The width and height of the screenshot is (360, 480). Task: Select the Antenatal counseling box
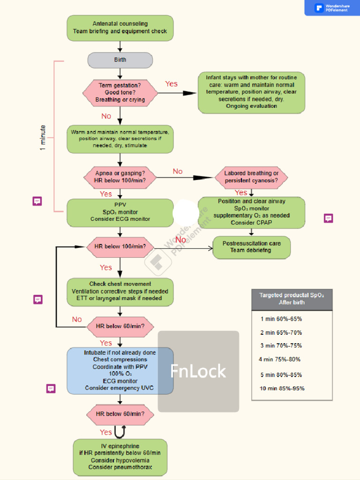click(120, 28)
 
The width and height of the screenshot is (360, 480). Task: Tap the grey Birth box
click(120, 60)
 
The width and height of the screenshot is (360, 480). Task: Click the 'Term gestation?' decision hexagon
click(120, 92)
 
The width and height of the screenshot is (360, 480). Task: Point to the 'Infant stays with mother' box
click(251, 92)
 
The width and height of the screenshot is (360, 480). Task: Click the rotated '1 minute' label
click(43, 138)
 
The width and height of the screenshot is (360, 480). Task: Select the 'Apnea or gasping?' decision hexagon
click(120, 177)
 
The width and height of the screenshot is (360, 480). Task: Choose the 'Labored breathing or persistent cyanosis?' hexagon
click(251, 177)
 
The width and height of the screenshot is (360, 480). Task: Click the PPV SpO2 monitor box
click(120, 212)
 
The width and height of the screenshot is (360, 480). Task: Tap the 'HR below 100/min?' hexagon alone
click(120, 246)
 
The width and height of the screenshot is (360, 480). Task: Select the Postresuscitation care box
click(251, 247)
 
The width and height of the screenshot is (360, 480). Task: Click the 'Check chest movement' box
click(120, 291)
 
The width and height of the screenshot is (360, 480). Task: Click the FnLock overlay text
click(198, 371)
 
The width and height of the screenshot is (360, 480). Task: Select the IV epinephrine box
click(120, 457)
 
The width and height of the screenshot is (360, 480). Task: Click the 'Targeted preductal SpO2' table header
click(292, 299)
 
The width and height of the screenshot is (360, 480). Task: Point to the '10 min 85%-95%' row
click(282, 388)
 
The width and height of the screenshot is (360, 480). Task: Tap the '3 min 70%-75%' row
click(281, 345)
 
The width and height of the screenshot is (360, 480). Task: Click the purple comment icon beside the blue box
click(51, 389)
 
